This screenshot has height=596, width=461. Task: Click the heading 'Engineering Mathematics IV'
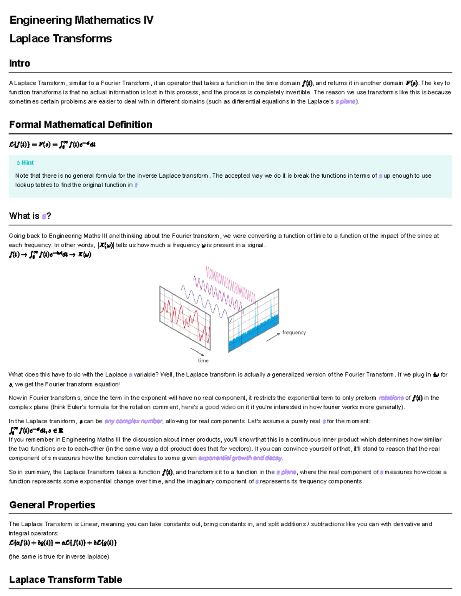click(81, 20)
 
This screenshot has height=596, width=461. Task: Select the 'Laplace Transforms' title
click(60, 38)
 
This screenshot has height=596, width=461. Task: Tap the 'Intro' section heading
click(20, 63)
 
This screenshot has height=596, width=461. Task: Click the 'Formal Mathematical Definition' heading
click(81, 124)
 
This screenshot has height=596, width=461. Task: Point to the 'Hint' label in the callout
click(27, 163)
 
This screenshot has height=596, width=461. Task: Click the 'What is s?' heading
click(30, 216)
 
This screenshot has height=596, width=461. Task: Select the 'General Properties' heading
click(52, 505)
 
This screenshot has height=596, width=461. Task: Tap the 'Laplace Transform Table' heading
click(66, 579)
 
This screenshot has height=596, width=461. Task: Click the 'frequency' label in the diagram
click(294, 332)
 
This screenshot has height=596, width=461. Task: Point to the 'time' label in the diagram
click(203, 360)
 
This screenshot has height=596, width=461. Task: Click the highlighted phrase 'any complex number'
click(133, 421)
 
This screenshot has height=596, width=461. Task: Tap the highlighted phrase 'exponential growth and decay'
click(240, 458)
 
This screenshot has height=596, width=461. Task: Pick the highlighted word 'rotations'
click(391, 398)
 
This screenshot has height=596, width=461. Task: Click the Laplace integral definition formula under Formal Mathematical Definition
click(52, 145)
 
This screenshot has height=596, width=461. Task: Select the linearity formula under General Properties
click(63, 543)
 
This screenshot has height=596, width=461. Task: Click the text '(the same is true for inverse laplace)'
click(59, 556)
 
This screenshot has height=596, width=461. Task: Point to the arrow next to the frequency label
click(273, 337)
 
